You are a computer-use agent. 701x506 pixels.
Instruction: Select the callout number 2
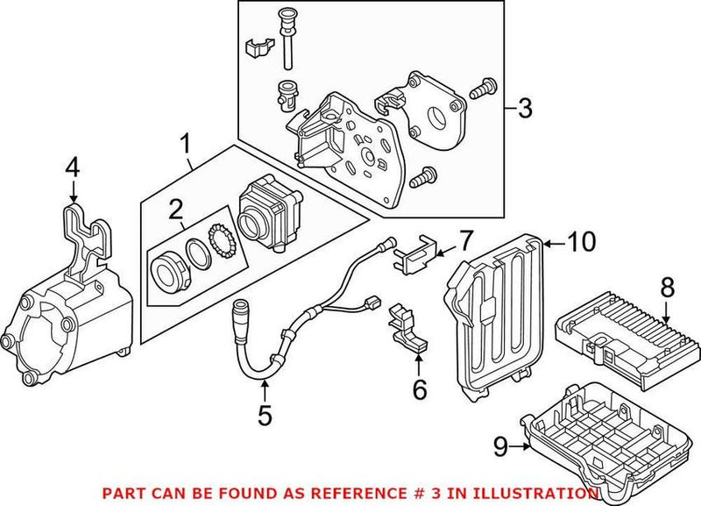(176, 209)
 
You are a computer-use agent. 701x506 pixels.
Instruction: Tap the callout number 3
(524, 110)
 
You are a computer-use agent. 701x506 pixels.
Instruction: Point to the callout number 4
(73, 166)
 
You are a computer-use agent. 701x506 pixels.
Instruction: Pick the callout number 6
(420, 388)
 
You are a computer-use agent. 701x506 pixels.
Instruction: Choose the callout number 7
(465, 239)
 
